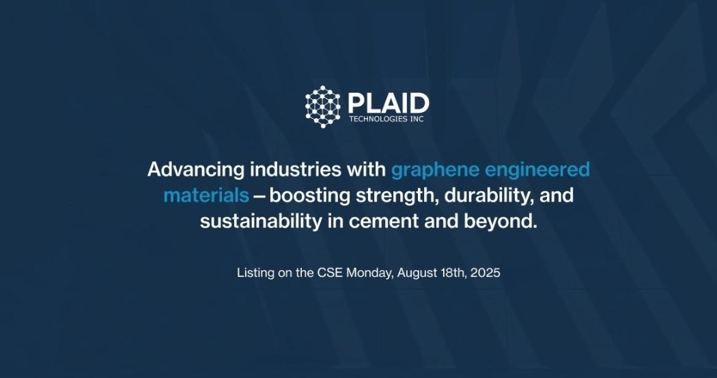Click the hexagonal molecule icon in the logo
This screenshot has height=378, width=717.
pyautogui.click(x=322, y=107)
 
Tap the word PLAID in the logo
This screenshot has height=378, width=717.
pyautogui.click(x=388, y=103)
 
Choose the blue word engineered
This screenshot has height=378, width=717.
pyautogui.click(x=542, y=170)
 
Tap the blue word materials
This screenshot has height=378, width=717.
pyautogui.click(x=206, y=195)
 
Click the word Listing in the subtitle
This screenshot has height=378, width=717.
pyautogui.click(x=255, y=273)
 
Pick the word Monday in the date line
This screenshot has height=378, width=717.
pyautogui.click(x=369, y=273)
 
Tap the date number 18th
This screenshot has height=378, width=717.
pyautogui.click(x=452, y=273)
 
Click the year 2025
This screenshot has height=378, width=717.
pyautogui.click(x=487, y=273)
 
